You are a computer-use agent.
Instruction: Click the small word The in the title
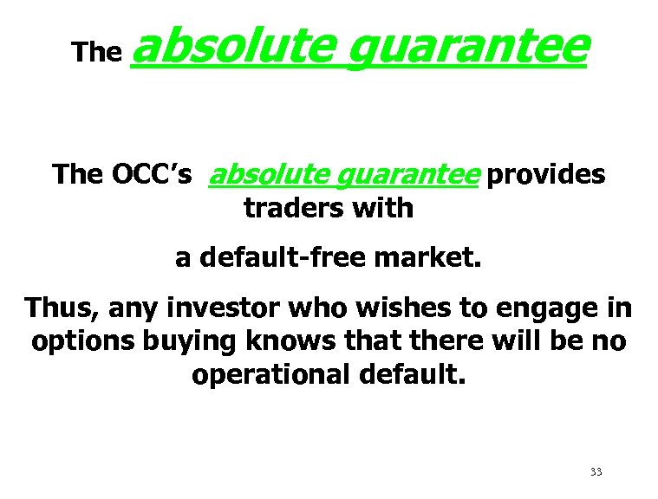[95, 52]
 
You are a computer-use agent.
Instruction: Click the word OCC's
[149, 174]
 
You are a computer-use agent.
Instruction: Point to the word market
[431, 257]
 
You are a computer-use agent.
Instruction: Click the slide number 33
[596, 472]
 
